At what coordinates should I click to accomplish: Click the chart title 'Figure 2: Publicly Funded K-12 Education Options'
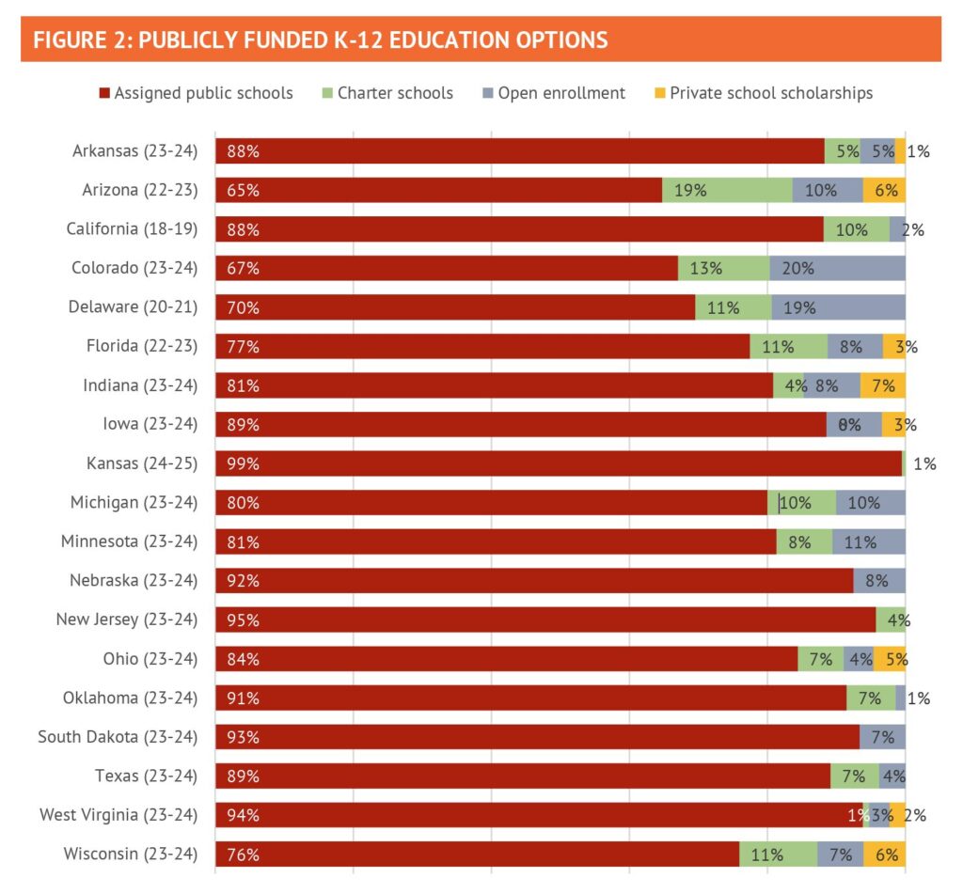(320, 40)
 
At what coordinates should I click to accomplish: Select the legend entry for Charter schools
(387, 93)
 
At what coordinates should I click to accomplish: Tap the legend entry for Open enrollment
(554, 93)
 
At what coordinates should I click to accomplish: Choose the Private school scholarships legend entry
(763, 93)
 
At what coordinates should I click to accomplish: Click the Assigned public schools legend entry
(196, 93)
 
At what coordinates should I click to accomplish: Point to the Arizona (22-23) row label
(134, 190)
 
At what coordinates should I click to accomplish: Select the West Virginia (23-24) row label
(118, 814)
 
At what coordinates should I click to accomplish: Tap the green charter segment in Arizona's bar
(727, 190)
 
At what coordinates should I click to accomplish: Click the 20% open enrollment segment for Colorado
(837, 268)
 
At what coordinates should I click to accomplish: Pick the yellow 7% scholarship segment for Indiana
(883, 385)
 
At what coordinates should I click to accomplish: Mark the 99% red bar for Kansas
(559, 463)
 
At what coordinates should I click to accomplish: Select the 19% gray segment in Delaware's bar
(838, 307)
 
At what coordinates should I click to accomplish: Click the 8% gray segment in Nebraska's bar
(879, 580)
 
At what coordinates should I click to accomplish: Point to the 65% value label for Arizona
(242, 190)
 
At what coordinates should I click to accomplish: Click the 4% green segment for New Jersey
(891, 620)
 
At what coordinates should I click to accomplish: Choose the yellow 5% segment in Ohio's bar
(890, 659)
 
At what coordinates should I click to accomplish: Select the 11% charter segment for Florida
(788, 346)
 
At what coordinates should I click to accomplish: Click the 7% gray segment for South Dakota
(882, 736)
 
